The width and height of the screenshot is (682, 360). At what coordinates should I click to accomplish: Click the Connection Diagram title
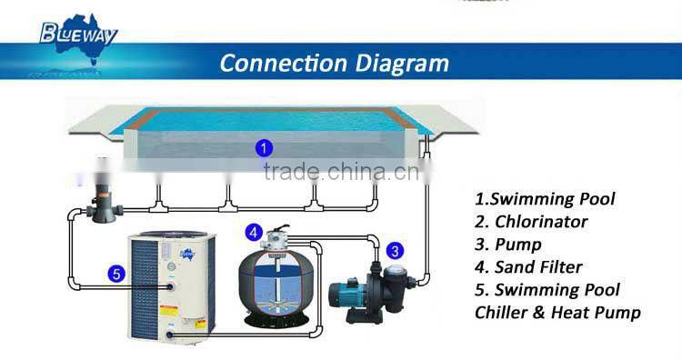pyautogui.click(x=334, y=63)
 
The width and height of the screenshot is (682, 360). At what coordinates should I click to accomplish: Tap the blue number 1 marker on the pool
pyautogui.click(x=263, y=146)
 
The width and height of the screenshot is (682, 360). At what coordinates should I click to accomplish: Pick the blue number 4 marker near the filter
pyautogui.click(x=255, y=233)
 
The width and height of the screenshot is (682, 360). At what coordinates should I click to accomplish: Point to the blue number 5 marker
pyautogui.click(x=115, y=270)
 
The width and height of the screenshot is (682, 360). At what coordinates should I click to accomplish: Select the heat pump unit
pyautogui.click(x=167, y=288)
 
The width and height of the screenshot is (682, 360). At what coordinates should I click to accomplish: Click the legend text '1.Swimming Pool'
pyautogui.click(x=545, y=198)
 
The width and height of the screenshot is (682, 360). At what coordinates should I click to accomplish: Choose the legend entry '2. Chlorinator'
pyautogui.click(x=531, y=221)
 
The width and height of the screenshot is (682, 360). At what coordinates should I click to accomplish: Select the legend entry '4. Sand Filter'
pyautogui.click(x=528, y=266)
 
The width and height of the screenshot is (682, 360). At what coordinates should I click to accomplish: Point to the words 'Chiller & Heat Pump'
pyautogui.click(x=557, y=312)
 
